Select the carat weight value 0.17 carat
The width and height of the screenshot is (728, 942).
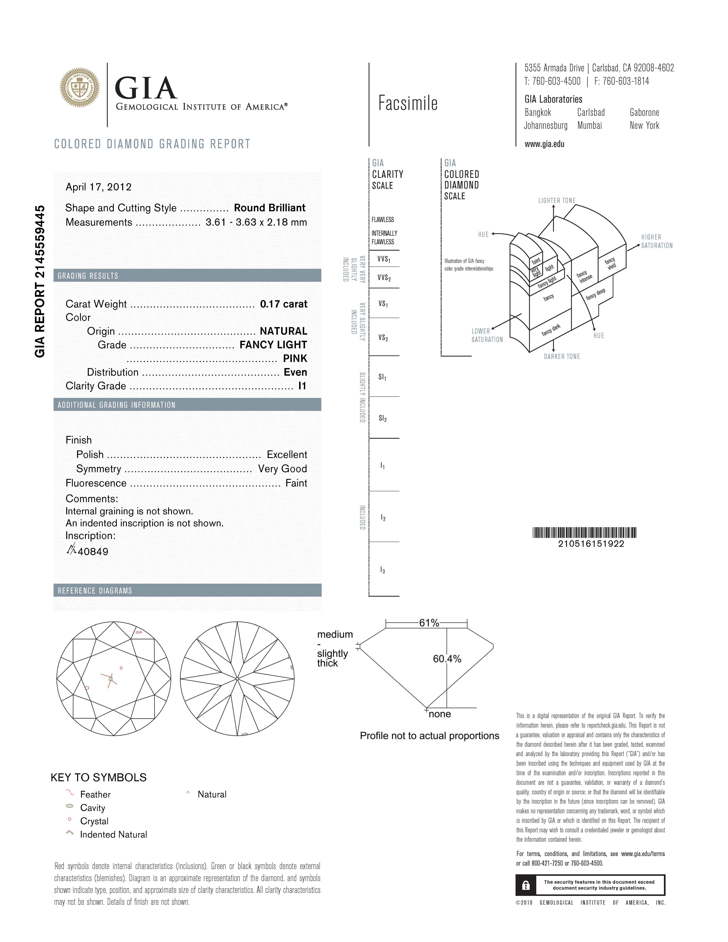click(x=283, y=304)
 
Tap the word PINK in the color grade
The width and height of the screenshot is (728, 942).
click(x=295, y=358)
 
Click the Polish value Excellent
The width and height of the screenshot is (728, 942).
click(x=287, y=455)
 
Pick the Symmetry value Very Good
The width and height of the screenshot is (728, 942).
click(x=282, y=469)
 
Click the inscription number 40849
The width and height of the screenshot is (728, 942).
click(x=93, y=552)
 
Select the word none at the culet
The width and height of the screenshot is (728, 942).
click(x=440, y=714)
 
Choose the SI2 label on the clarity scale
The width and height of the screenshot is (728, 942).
click(x=383, y=418)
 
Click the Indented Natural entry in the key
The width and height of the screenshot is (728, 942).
click(x=113, y=835)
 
